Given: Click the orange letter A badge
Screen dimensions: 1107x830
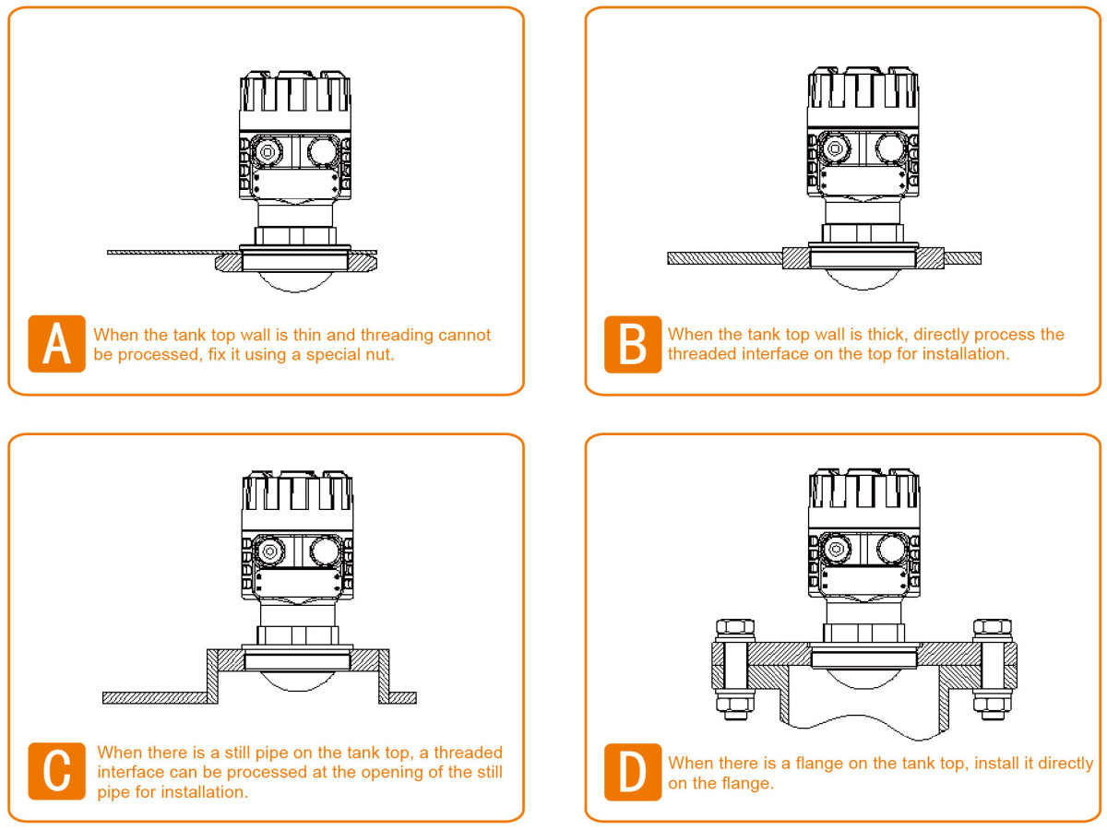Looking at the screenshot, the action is pyautogui.click(x=56, y=344).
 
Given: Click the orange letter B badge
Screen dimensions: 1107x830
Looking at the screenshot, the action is pyautogui.click(x=633, y=344).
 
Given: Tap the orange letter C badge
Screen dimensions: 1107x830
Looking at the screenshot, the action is pyautogui.click(x=56, y=771).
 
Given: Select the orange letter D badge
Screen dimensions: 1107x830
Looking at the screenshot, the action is pyautogui.click(x=633, y=772).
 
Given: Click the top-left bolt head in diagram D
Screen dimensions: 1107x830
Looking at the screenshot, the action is pyautogui.click(x=735, y=627).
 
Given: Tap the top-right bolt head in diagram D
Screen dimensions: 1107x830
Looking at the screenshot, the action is pyautogui.click(x=992, y=627).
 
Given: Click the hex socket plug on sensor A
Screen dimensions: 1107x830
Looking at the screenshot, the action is pyautogui.click(x=268, y=150).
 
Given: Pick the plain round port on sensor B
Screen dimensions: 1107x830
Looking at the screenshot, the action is pyautogui.click(x=891, y=148).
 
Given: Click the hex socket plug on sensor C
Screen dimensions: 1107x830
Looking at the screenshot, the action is pyautogui.click(x=269, y=551).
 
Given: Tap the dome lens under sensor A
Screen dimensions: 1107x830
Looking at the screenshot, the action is pyautogui.click(x=295, y=282).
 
